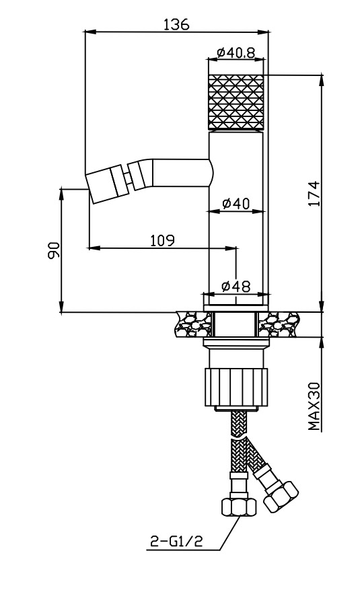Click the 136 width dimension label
point(176,24)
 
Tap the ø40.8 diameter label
point(236,52)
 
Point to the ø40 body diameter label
point(236,204)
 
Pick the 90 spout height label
point(54,250)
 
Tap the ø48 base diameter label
point(236,287)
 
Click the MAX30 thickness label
point(314,406)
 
